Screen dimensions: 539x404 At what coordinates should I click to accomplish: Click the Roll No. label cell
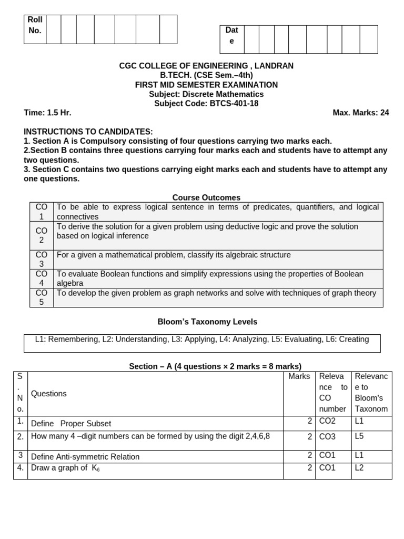[35, 25]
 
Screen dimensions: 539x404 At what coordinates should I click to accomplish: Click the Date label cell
[231, 35]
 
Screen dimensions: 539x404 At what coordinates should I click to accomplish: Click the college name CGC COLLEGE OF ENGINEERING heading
[206, 66]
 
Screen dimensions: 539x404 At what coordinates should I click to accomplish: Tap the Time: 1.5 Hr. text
[47, 113]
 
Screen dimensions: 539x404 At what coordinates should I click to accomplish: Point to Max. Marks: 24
[361, 113]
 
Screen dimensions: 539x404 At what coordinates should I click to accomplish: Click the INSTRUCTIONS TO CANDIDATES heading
[88, 132]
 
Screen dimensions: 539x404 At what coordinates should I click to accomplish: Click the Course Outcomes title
[206, 198]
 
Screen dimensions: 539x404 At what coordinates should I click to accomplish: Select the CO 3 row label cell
[42, 259]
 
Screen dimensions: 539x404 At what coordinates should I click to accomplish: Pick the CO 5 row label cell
[42, 297]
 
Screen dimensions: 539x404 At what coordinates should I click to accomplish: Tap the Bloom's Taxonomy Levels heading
[207, 322]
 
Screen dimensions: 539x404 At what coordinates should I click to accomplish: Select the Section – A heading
[215, 366]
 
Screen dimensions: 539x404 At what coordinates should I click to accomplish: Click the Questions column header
[49, 394]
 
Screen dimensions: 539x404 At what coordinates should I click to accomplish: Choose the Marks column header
[299, 376]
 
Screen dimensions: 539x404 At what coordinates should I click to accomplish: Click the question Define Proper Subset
[71, 424]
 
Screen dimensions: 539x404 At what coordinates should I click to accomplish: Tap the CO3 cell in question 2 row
[327, 437]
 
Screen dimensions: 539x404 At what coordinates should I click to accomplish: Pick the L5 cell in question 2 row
[360, 436]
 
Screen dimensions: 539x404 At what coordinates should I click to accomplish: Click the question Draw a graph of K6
[65, 468]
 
